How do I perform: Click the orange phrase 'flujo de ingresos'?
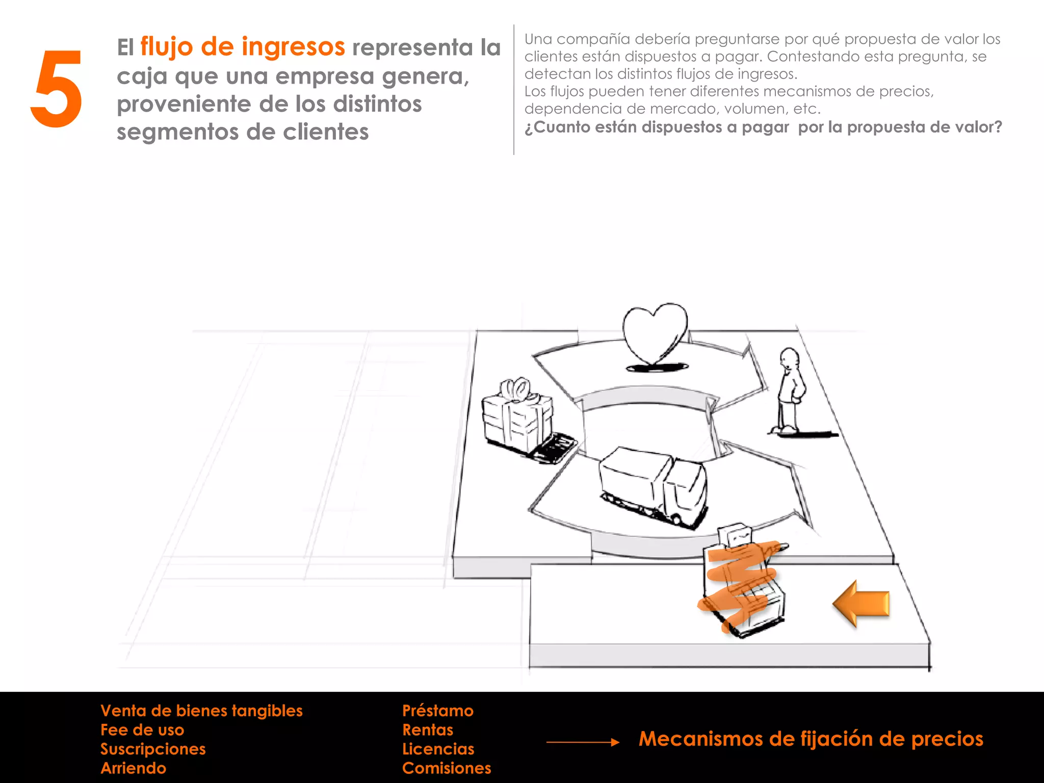click(243, 47)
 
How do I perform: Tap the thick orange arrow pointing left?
click(862, 604)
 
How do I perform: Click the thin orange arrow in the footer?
click(583, 742)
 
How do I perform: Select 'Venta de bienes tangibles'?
click(201, 711)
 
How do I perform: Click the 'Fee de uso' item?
click(142, 730)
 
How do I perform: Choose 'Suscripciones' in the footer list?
click(153, 749)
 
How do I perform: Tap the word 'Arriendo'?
click(134, 768)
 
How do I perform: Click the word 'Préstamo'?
click(438, 711)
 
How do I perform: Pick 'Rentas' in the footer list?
click(428, 730)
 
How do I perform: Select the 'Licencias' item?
click(438, 749)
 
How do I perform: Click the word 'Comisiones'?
click(447, 768)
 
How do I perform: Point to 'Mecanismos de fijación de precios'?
click(811, 739)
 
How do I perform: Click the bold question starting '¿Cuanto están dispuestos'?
click(763, 127)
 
